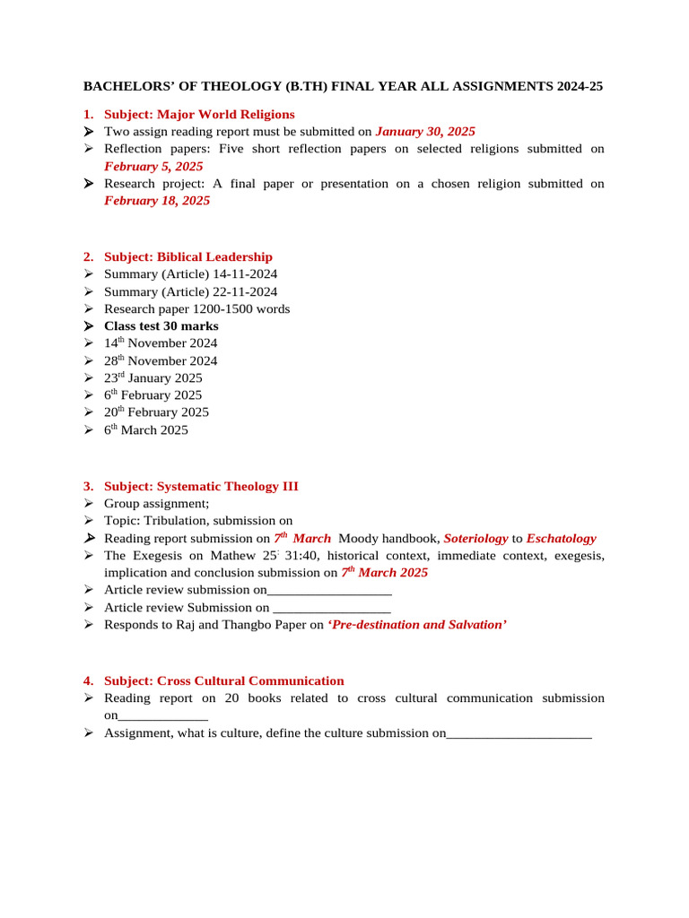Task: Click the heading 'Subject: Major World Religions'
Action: pyautogui.click(x=198, y=114)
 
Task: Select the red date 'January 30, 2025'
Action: pyautogui.click(x=425, y=131)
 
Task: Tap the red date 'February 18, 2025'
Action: pyautogui.click(x=157, y=201)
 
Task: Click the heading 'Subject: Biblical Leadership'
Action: pyautogui.click(x=188, y=256)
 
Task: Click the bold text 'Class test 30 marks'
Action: pyautogui.click(x=161, y=326)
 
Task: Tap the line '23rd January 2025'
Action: pyautogui.click(x=153, y=378)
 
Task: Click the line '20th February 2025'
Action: pyautogui.click(x=156, y=412)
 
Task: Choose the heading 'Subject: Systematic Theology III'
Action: pyautogui.click(x=201, y=486)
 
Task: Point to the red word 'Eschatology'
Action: pyautogui.click(x=561, y=539)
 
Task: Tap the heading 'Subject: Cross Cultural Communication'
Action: pyautogui.click(x=223, y=680)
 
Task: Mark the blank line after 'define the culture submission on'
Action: pyautogui.click(x=519, y=733)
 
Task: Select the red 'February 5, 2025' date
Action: pyautogui.click(x=153, y=166)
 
